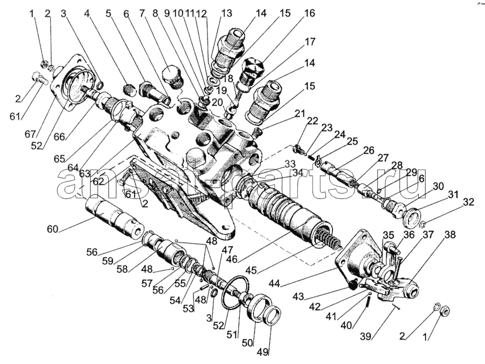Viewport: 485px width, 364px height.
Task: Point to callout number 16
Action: click(x=309, y=13)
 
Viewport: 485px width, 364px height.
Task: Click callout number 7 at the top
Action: click(x=142, y=13)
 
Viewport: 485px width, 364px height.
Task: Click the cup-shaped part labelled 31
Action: click(x=414, y=216)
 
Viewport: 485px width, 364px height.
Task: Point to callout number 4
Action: click(x=87, y=13)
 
